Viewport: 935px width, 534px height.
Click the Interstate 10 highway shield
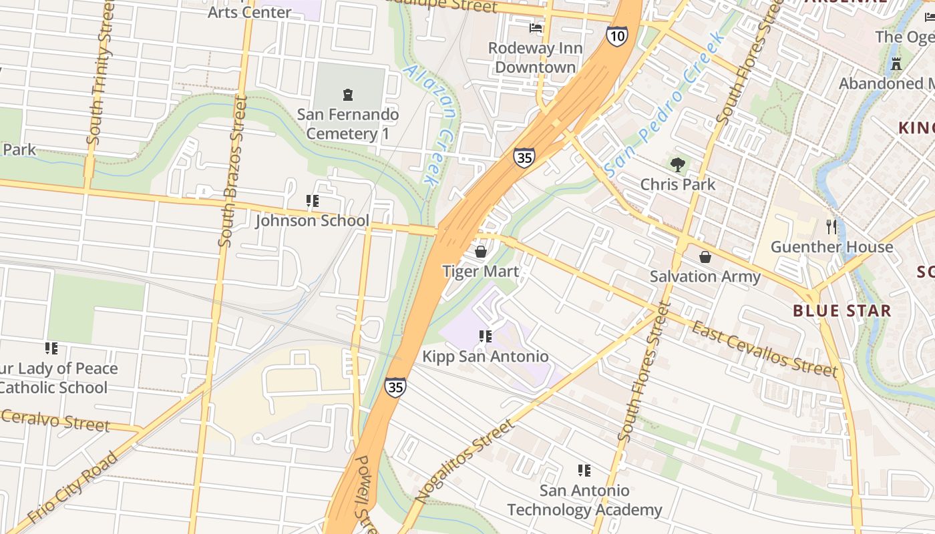617,36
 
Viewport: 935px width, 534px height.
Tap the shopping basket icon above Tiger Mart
480,252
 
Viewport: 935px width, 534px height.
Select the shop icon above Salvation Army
705,257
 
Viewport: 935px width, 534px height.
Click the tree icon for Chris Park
678,164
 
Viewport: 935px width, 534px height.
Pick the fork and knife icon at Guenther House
831,227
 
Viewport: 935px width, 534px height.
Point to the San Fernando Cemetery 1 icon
347,95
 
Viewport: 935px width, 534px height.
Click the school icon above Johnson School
312,200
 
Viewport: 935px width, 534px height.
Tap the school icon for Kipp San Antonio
486,336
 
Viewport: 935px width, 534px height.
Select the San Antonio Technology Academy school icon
584,471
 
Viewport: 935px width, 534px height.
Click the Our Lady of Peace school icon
51,348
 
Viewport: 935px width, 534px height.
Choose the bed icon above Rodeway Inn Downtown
536,28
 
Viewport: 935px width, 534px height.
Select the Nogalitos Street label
465,461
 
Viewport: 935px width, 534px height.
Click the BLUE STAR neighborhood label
841,310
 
